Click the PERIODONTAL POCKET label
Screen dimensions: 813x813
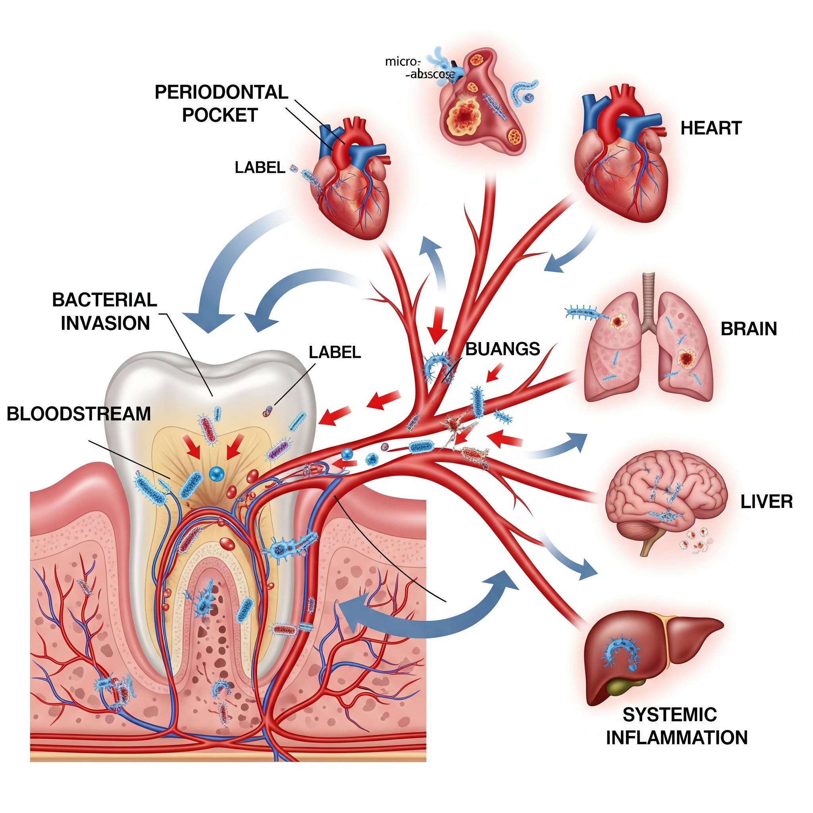pyautogui.click(x=222, y=104)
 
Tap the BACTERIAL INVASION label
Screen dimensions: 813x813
pyautogui.click(x=105, y=311)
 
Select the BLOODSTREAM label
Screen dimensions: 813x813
pyautogui.click(x=79, y=414)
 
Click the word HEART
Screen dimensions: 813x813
pyautogui.click(x=711, y=128)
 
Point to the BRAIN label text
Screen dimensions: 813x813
pyautogui.click(x=749, y=329)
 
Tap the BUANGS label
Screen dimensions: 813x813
pyautogui.click(x=503, y=349)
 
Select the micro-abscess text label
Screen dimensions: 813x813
pyautogui.click(x=420, y=68)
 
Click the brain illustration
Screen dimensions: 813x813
pyautogui.click(x=665, y=501)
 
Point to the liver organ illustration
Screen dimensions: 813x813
pyautogui.click(x=648, y=652)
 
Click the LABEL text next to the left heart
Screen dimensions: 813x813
pyautogui.click(x=260, y=168)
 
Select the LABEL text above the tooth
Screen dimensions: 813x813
pyautogui.click(x=335, y=352)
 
